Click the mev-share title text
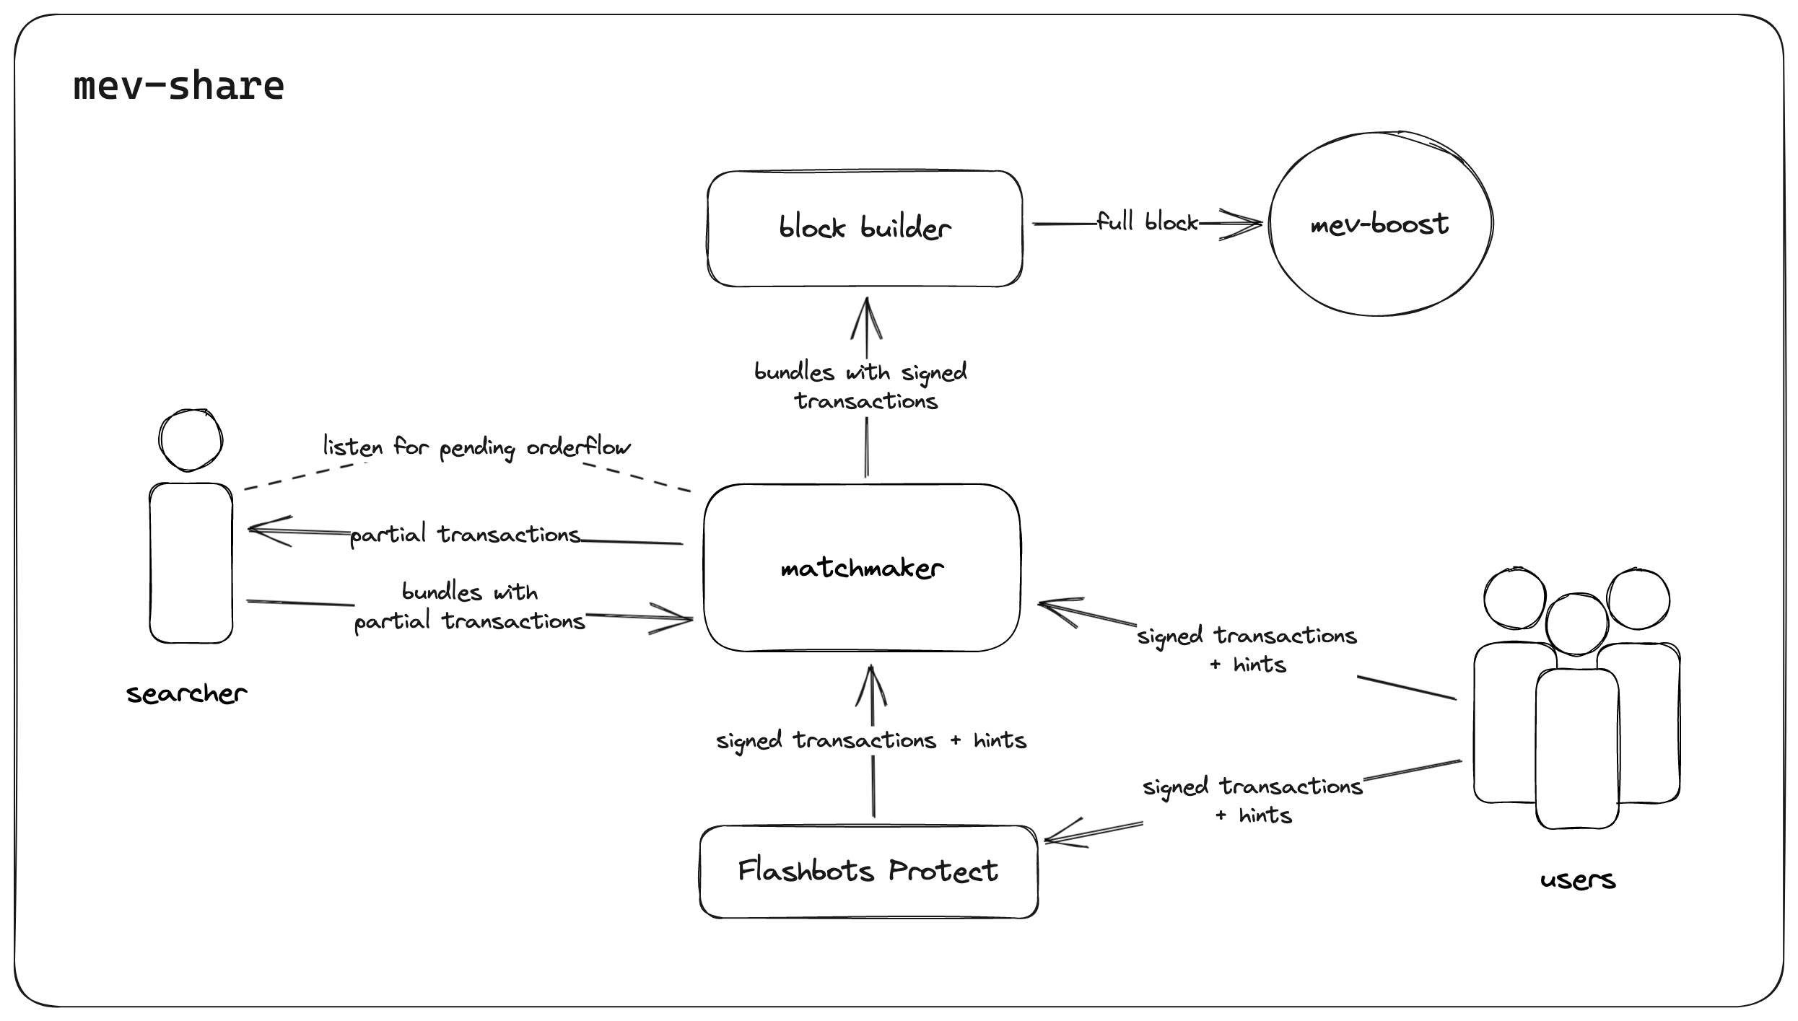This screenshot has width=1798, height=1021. pos(178,87)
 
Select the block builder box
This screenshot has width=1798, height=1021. pos(864,228)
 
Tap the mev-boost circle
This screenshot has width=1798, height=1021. pos(1379,224)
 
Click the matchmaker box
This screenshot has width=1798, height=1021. pos(862,568)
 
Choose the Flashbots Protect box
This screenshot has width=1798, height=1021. pos(868,871)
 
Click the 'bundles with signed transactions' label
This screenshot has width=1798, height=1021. pos(862,386)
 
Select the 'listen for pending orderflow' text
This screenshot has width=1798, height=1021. pos(476,447)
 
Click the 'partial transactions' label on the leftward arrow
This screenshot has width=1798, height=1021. pos(465,535)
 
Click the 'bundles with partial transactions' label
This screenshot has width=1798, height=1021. pos(469,607)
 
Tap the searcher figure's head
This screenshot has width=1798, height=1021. pos(191,440)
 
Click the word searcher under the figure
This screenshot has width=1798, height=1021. pos(186,693)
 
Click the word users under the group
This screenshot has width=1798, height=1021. pos(1577,880)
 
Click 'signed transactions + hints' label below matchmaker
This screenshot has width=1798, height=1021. pos(870,740)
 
